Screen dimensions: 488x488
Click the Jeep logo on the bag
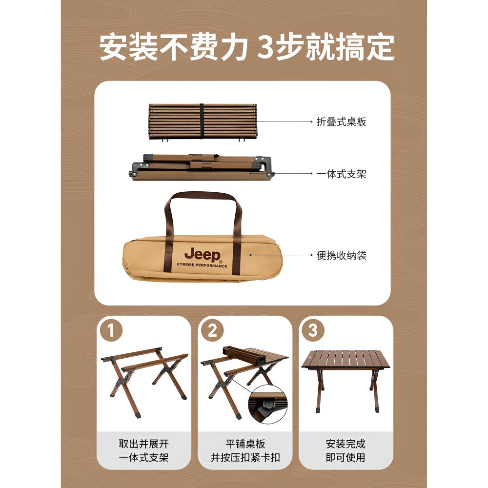[203, 255]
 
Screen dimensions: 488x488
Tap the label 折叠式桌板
[341, 122]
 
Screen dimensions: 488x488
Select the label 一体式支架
[341, 174]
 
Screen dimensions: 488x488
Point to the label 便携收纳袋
[341, 256]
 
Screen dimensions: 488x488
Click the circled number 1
[111, 330]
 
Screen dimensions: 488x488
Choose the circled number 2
[212, 330]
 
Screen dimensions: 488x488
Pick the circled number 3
[313, 330]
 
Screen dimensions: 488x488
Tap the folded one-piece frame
[202, 167]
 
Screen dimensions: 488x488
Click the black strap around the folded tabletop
[202, 122]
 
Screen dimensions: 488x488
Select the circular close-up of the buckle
[267, 405]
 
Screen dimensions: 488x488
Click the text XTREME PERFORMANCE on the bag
[202, 265]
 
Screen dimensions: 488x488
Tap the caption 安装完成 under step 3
[346, 444]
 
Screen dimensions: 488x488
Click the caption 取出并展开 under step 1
[143, 444]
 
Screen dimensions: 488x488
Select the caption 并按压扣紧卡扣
[245, 458]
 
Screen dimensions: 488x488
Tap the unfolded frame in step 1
[144, 382]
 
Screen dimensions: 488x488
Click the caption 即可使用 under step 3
[346, 458]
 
